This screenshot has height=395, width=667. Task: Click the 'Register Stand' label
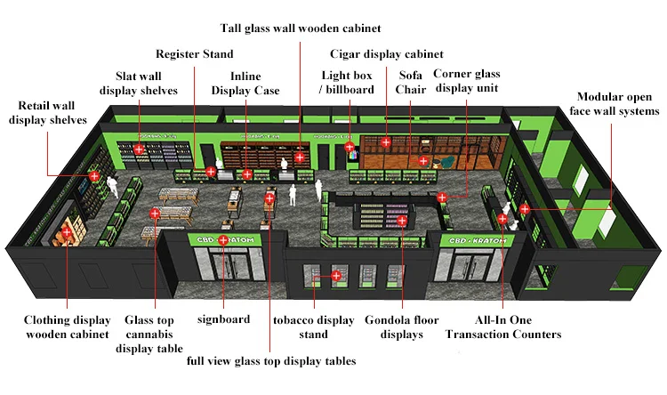195,55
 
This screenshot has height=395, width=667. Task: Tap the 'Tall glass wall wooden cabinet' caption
301,28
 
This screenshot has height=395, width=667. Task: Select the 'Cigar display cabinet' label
386,55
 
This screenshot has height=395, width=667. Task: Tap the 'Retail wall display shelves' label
48,114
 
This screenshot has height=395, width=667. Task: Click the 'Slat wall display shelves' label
139,83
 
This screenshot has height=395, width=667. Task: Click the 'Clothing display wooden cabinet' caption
67,327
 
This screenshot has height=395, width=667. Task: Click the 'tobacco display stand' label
301,327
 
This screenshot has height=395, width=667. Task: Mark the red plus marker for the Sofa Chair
424,161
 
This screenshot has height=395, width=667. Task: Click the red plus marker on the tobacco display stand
336,276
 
